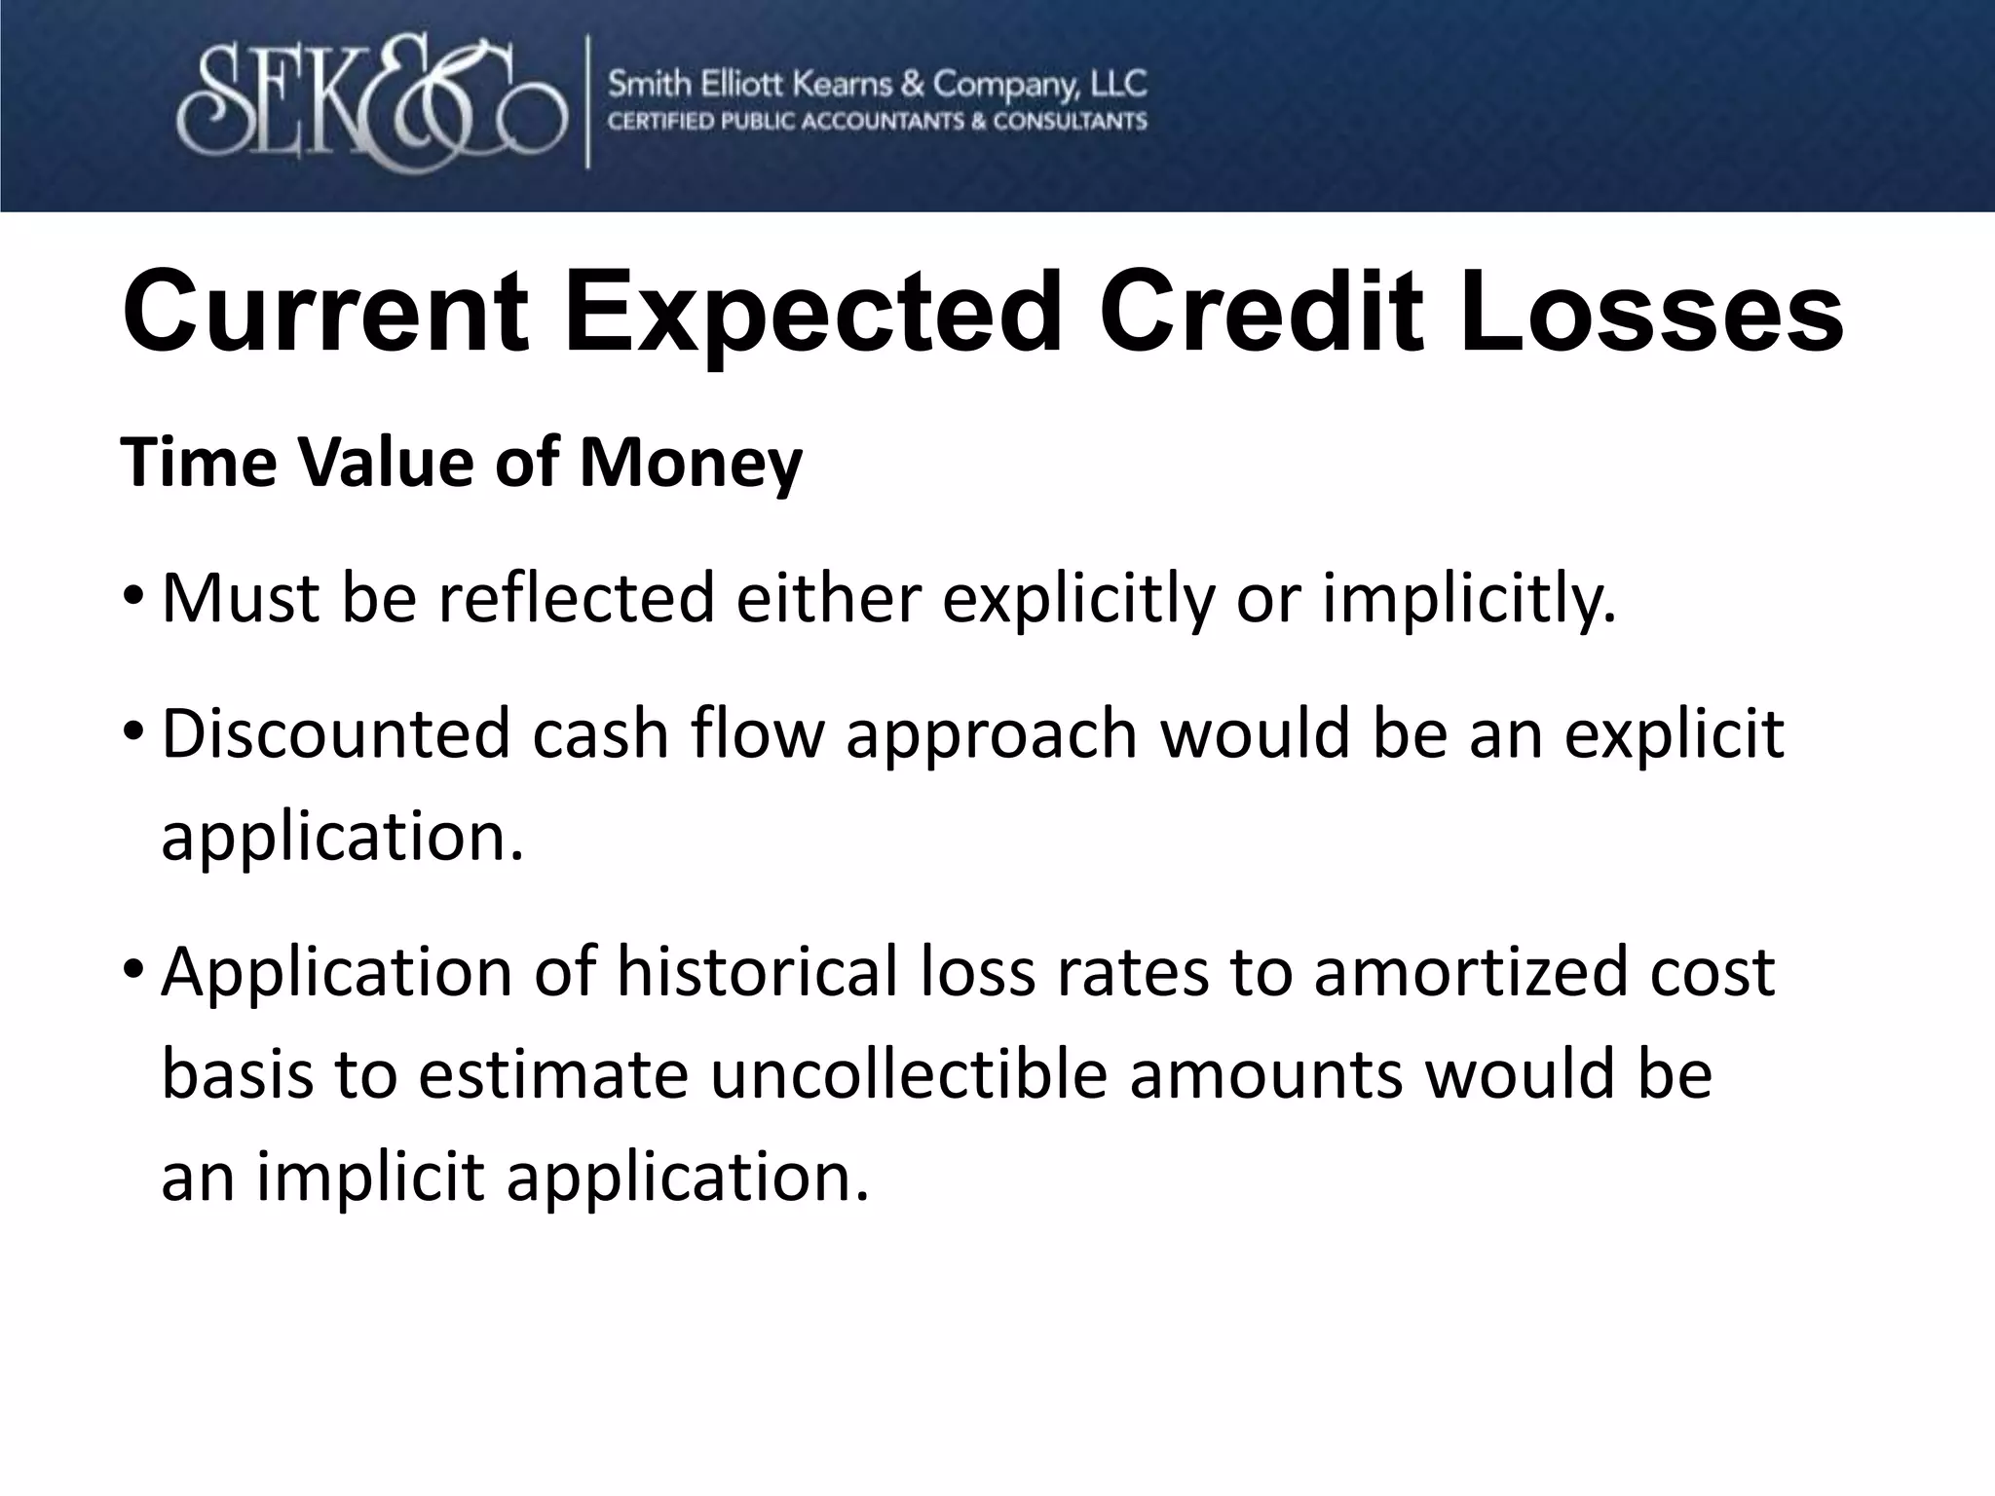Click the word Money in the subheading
691,463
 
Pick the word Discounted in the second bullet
335,733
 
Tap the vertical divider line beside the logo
587,102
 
